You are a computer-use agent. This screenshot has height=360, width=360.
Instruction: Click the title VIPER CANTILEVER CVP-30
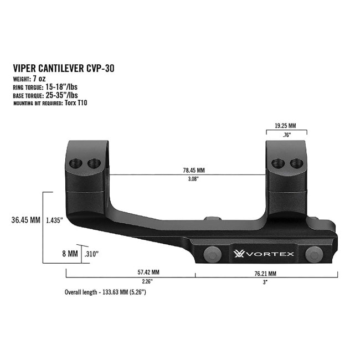pyautogui.click(x=63, y=69)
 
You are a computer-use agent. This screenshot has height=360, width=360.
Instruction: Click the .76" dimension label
pyautogui.click(x=286, y=135)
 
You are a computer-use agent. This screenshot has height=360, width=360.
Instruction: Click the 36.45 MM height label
pyautogui.click(x=25, y=220)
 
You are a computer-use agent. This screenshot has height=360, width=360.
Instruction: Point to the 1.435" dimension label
pyautogui.click(x=54, y=220)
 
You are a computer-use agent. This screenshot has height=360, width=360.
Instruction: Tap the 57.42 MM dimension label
pyautogui.click(x=131, y=273)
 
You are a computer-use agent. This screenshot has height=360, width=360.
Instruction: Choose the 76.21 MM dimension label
pyautogui.click(x=265, y=273)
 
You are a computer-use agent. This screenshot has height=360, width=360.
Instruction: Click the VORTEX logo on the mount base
pyautogui.click(x=263, y=254)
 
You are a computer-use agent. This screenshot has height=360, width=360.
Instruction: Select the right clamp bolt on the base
pyautogui.click(x=315, y=254)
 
